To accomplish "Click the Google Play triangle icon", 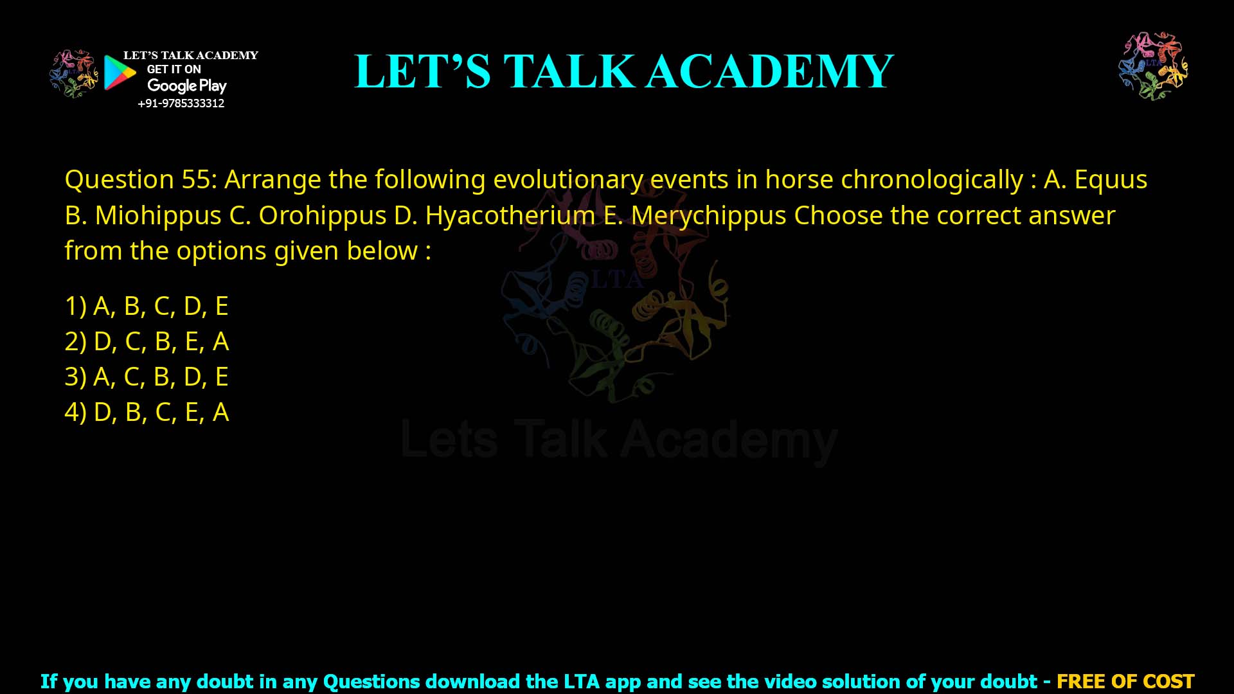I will click(x=120, y=73).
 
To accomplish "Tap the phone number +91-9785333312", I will click(x=181, y=103).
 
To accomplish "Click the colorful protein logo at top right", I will click(x=1153, y=66).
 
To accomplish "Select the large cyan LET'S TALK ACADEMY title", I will click(x=623, y=71).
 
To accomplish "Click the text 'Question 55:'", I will click(x=141, y=179).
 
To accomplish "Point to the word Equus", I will click(x=1111, y=179).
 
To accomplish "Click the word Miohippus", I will click(x=158, y=215).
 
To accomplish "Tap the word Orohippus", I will click(x=322, y=215).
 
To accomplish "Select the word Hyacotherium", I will click(x=510, y=215).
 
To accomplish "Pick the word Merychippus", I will click(x=708, y=215).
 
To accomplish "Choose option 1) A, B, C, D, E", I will click(x=147, y=306).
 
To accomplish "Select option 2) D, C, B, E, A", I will click(x=147, y=341).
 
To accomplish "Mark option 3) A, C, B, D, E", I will click(x=147, y=377).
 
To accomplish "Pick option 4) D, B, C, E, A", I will click(x=147, y=412).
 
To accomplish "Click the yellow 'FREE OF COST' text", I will click(x=1125, y=681).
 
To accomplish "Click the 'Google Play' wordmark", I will click(x=186, y=85).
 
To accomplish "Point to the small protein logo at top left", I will click(x=73, y=73).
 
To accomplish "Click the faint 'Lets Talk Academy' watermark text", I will click(x=619, y=440).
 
